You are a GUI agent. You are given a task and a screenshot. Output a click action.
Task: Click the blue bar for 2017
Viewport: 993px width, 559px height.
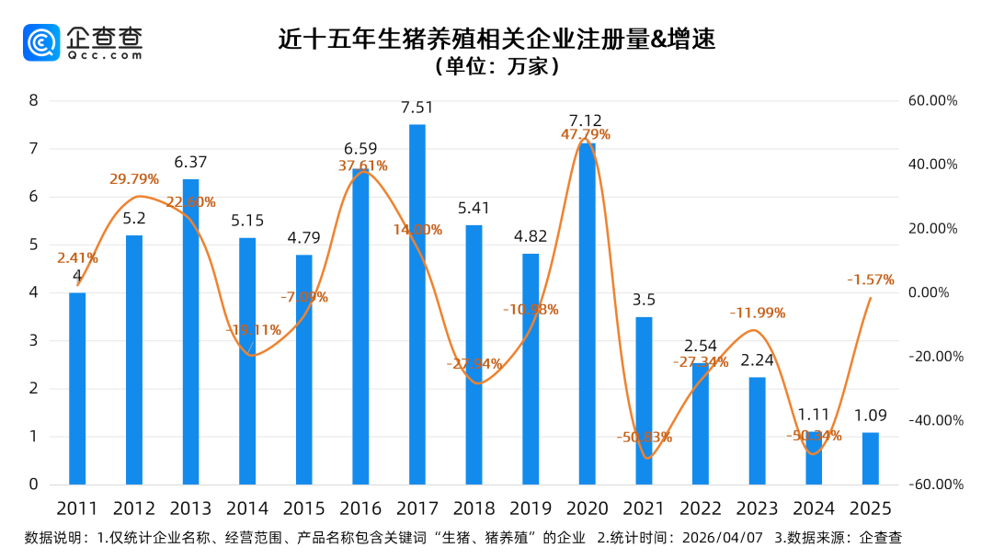coord(417,303)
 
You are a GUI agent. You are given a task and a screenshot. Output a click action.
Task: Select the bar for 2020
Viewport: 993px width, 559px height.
coord(587,313)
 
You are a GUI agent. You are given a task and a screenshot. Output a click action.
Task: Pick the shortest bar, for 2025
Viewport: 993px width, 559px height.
coord(870,458)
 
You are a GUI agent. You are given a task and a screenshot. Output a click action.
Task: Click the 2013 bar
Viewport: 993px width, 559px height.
coord(190,331)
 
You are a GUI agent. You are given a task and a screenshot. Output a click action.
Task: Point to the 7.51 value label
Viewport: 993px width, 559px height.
coord(417,108)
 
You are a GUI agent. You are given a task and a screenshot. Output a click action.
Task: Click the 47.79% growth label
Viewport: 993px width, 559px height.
coord(586,135)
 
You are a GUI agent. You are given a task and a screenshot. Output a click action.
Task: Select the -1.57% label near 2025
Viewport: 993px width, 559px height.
coord(870,279)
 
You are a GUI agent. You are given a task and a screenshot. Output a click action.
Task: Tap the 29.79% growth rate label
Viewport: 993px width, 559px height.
coord(134,179)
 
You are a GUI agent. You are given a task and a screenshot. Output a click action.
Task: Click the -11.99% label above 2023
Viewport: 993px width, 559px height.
coord(757,313)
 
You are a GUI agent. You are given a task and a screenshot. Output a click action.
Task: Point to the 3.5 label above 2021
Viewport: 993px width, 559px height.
coord(644,300)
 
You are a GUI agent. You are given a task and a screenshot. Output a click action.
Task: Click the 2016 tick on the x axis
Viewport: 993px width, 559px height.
coord(360,508)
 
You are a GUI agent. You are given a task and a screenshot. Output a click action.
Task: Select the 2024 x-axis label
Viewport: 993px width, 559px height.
coord(813,508)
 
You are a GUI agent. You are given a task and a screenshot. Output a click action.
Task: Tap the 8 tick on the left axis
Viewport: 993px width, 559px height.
coord(33,100)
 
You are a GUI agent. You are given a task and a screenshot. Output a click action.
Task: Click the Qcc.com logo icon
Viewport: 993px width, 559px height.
coord(41,42)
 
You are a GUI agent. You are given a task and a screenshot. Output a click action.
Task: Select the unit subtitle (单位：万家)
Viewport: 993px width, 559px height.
coord(496,67)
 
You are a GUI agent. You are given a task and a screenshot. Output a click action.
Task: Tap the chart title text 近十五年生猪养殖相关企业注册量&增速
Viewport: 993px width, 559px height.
coord(496,39)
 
